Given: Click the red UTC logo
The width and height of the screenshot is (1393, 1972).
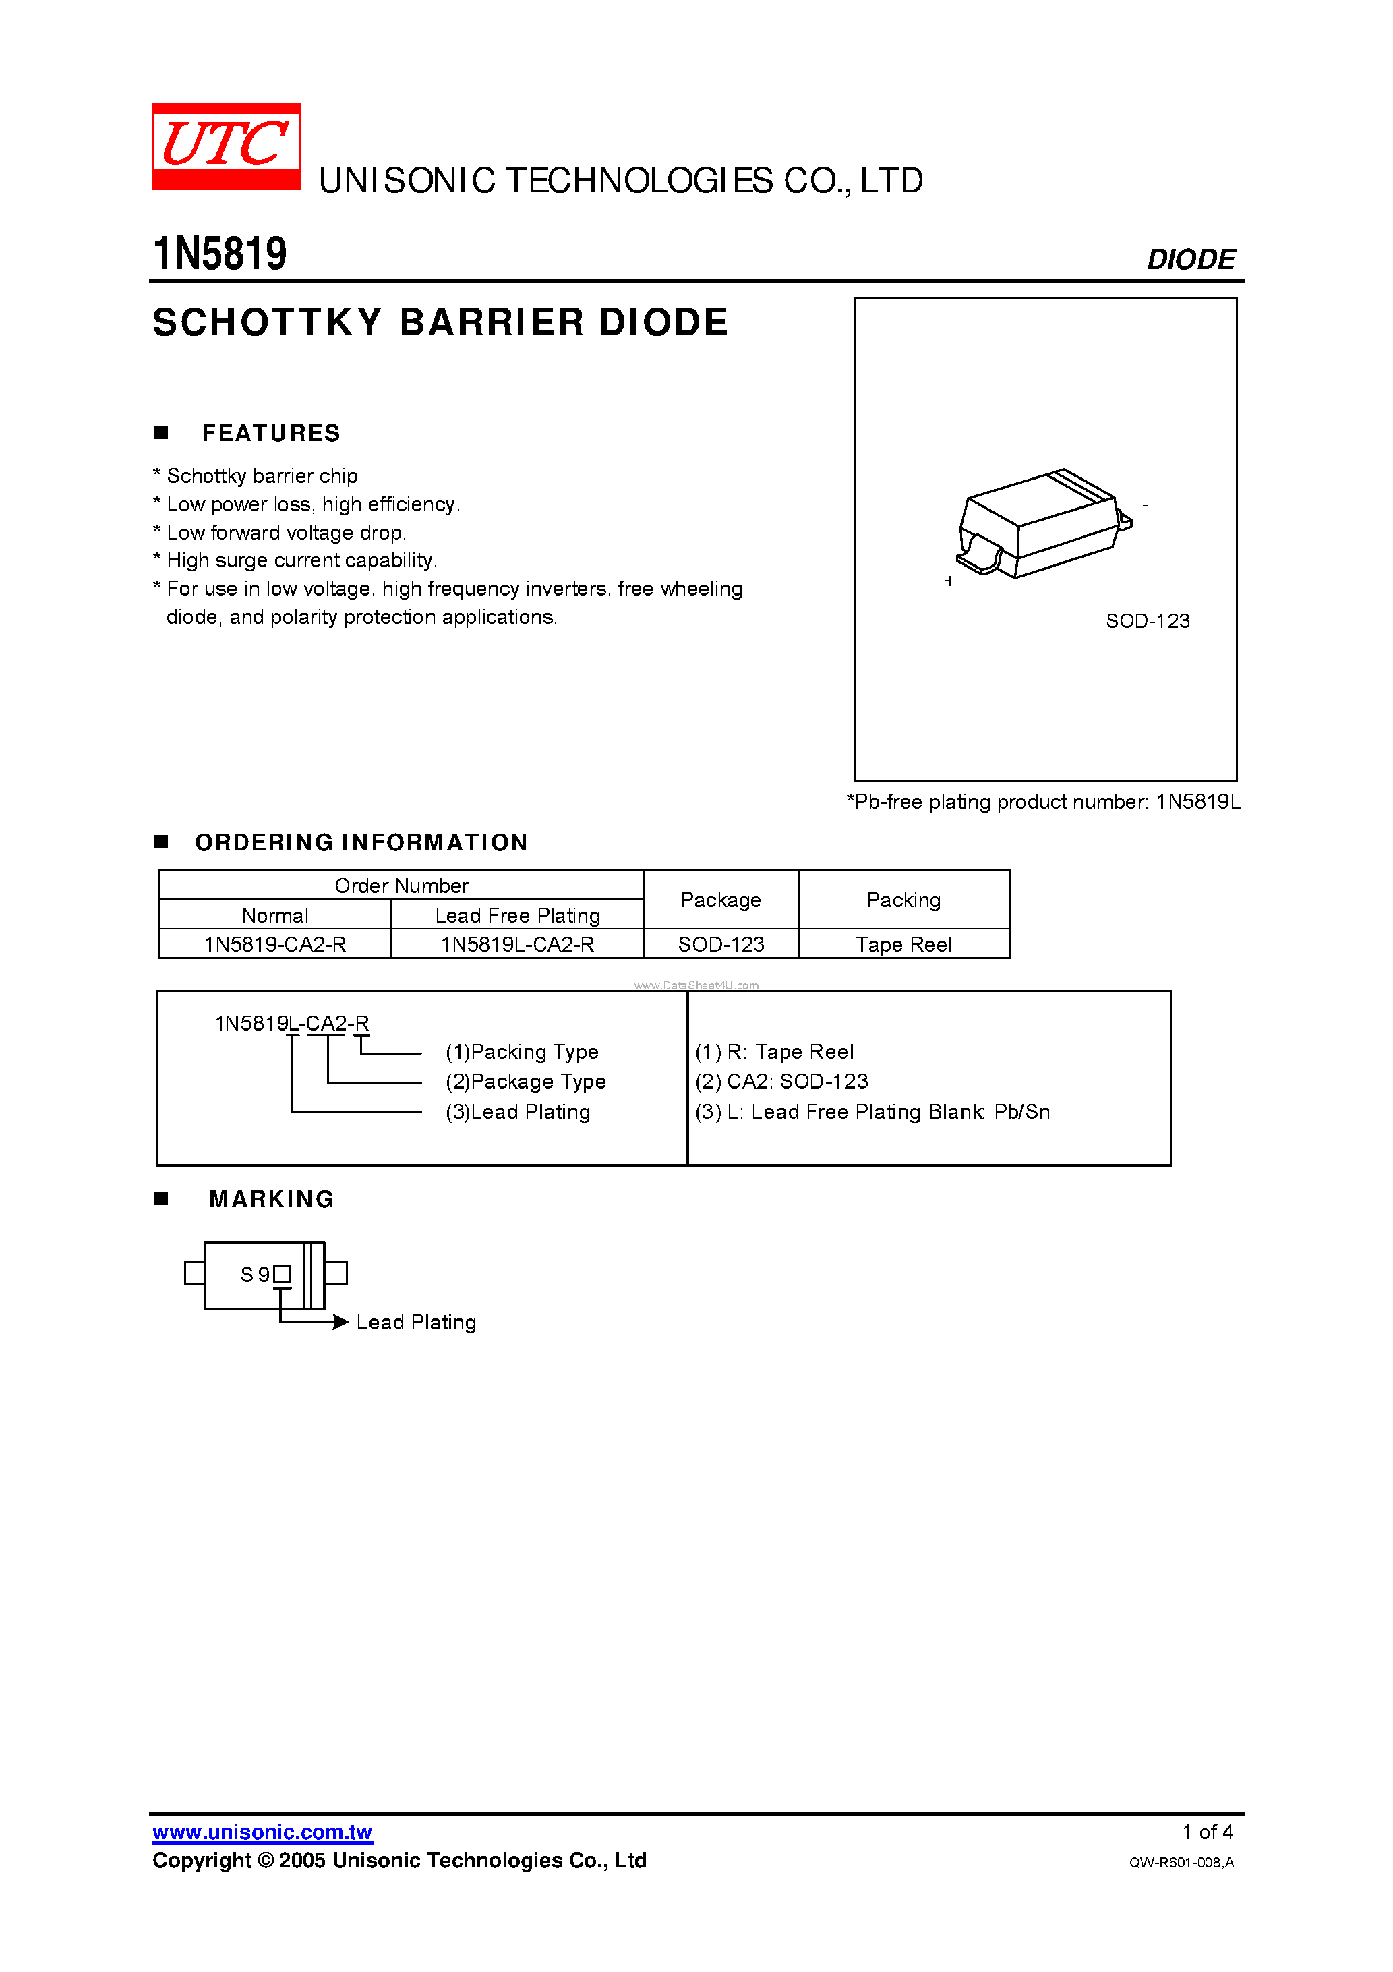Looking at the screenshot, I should (226, 146).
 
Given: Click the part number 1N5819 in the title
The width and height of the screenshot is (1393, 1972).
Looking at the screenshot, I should (220, 254).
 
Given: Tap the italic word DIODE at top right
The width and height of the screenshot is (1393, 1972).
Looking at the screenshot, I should (1190, 260).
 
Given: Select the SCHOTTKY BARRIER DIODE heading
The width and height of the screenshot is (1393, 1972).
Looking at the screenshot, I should (440, 323).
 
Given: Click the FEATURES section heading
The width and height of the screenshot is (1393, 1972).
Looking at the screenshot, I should (270, 434).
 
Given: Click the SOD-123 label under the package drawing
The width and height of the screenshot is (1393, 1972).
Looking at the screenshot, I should (1148, 621).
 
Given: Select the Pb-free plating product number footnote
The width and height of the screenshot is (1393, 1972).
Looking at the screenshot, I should (1042, 802).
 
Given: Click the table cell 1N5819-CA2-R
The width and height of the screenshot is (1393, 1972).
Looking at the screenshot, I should (275, 945).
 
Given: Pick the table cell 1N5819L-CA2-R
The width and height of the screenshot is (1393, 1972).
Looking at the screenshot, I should (517, 945).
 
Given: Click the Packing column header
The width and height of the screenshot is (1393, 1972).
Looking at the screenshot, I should (903, 900).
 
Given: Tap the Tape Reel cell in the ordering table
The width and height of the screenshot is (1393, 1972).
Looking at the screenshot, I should (903, 945).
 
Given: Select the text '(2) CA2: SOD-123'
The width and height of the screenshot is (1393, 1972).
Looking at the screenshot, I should (781, 1082).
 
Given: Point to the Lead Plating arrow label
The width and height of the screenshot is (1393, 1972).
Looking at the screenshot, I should (415, 1323).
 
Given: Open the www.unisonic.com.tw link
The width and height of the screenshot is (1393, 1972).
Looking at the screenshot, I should (262, 1833).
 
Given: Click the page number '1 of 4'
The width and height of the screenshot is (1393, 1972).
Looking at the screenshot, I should (1208, 1833).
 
